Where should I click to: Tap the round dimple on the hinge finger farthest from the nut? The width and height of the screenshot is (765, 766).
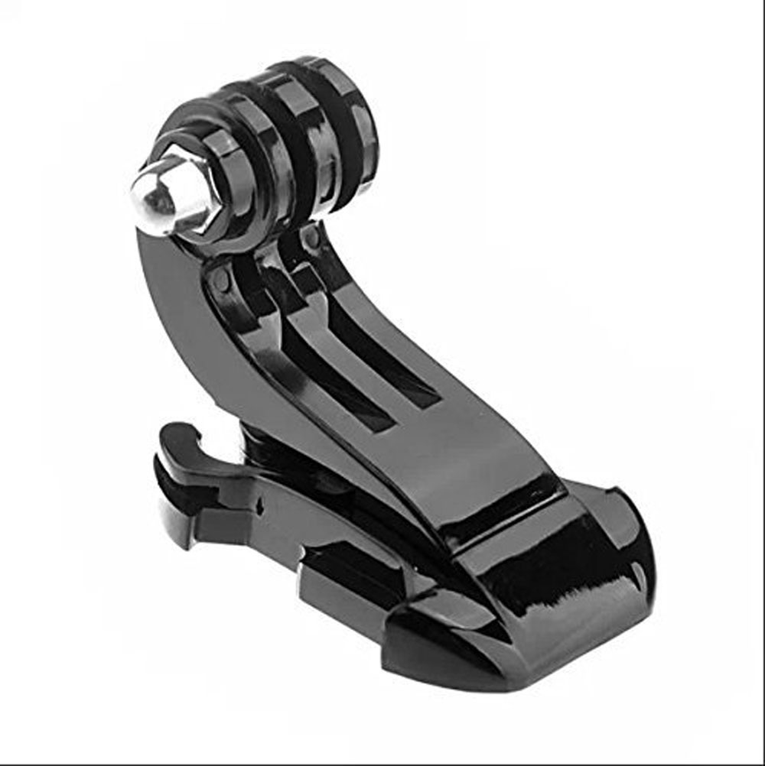point(311,239)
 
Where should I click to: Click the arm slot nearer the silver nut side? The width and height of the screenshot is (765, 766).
point(337,382)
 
